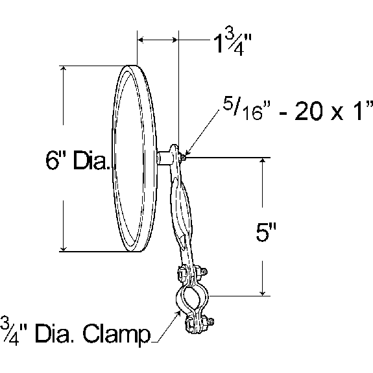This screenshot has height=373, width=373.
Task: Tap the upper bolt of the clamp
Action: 202,272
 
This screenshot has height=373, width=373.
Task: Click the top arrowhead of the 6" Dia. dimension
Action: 62,69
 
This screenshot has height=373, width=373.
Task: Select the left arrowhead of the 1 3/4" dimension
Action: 141,40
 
